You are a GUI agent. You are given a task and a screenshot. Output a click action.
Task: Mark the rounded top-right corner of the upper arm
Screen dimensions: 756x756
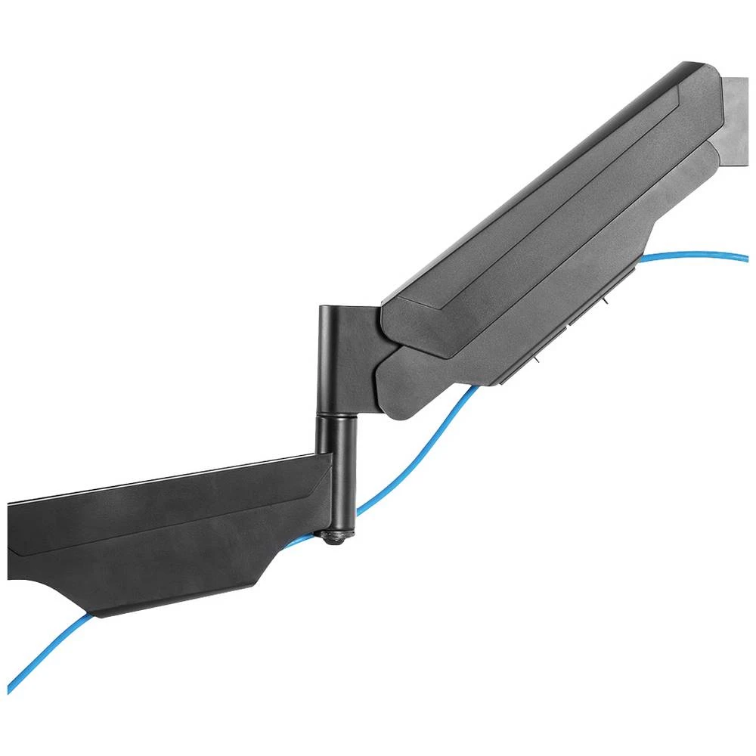[x=707, y=72]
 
